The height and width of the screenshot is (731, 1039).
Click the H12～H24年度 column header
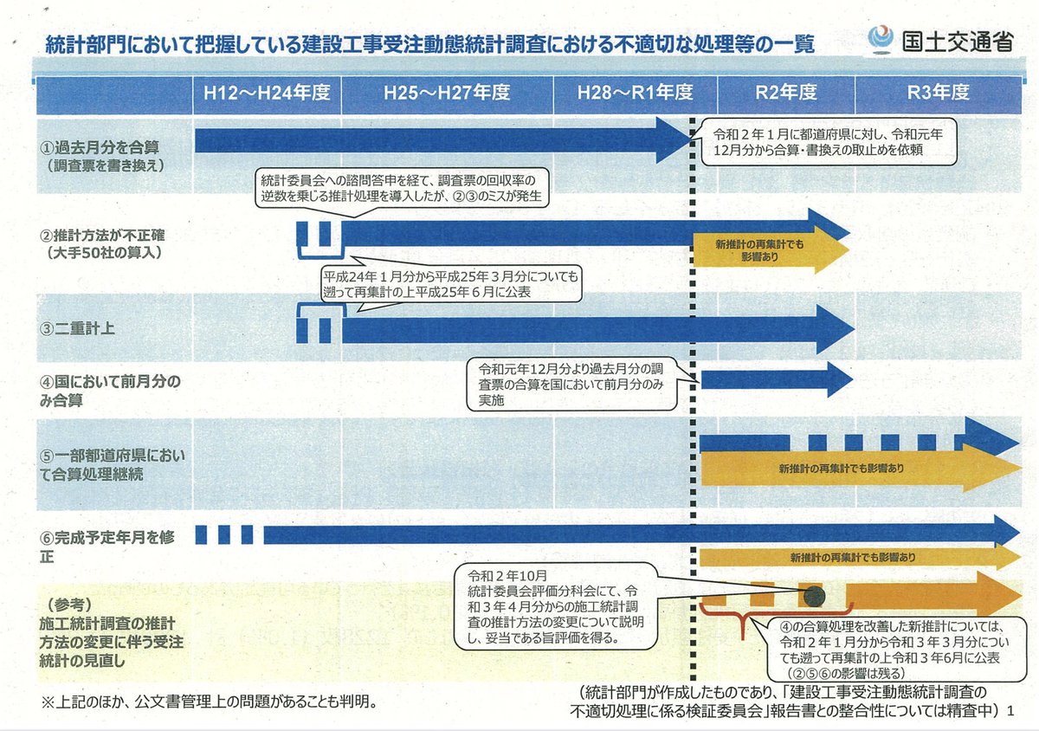(267, 94)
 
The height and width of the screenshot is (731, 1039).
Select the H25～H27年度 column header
(447, 94)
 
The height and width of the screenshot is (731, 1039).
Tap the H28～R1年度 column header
(636, 94)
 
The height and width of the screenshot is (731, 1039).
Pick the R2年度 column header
(785, 94)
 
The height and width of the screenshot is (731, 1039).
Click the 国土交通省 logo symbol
(881, 40)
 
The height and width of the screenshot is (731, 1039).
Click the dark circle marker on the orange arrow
(812, 595)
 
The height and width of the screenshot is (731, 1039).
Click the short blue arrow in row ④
(776, 378)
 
